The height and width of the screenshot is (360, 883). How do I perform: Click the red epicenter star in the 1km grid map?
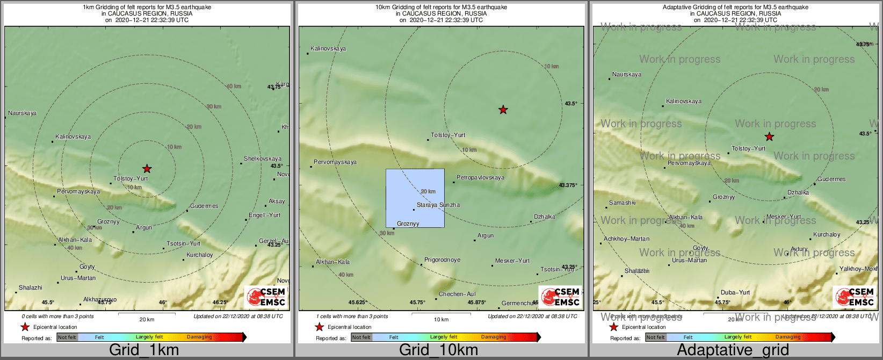coord(147,169)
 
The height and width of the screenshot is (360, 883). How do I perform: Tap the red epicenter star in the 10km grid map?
coord(503,110)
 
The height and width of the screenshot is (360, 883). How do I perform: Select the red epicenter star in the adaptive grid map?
coord(769,136)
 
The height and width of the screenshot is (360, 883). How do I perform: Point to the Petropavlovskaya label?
coord(480,177)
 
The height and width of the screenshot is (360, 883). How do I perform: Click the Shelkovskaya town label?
coord(262,159)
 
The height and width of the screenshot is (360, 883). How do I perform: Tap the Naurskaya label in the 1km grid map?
coord(23,113)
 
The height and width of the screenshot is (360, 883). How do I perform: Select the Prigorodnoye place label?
coord(442,260)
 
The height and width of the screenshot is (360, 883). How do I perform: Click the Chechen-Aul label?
coord(457,294)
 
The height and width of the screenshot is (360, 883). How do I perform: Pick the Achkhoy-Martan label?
coord(626,239)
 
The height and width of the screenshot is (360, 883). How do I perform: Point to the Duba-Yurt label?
coord(735,292)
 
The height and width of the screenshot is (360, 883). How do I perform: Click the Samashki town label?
coord(622,203)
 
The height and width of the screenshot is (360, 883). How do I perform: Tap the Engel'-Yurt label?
coord(264,215)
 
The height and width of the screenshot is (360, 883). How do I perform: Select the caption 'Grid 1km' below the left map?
coord(144,350)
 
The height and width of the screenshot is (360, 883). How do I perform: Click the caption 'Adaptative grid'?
coord(733,350)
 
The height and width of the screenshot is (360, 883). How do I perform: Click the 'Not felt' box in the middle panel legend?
coord(361,337)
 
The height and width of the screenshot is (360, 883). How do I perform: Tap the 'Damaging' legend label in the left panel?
coord(199,337)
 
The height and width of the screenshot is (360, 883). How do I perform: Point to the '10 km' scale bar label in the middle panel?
coord(441,319)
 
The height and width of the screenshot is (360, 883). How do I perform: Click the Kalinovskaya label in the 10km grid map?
coord(328,48)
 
